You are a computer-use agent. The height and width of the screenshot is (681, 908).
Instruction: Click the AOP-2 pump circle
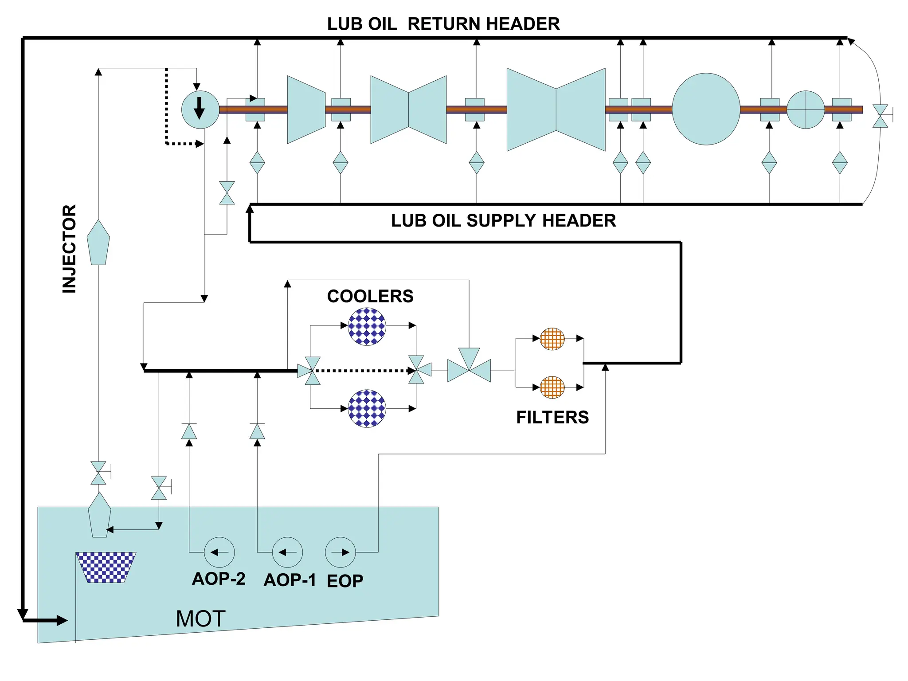point(219,552)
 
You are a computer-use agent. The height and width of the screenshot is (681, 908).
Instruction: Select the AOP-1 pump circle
point(287,552)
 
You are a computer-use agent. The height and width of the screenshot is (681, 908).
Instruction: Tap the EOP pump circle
point(340,552)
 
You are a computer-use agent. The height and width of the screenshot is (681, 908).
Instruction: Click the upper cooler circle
point(367,326)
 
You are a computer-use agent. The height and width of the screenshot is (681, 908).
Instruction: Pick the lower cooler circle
point(367,408)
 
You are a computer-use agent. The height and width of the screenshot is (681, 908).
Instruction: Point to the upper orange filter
point(552,339)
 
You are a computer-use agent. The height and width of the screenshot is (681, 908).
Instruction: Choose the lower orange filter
point(552,387)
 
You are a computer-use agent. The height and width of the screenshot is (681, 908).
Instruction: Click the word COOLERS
point(370,296)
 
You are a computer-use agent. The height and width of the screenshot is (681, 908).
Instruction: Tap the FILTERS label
point(552,418)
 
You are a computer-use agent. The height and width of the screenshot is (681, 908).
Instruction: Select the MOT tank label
point(200,618)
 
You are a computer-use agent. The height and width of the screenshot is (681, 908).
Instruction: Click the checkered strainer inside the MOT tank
point(106,567)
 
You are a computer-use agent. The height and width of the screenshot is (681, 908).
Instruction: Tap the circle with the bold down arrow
point(200,110)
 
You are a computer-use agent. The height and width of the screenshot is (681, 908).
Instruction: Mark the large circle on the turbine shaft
point(706,109)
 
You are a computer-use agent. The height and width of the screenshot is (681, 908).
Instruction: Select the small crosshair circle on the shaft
point(806,110)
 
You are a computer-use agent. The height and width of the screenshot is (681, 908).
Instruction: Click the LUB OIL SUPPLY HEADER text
point(503,220)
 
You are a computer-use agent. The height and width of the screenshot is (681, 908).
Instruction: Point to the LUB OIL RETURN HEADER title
point(443,24)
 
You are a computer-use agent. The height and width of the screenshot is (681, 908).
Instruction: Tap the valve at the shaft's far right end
point(880,116)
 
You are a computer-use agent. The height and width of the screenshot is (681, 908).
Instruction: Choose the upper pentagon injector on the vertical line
point(98,243)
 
